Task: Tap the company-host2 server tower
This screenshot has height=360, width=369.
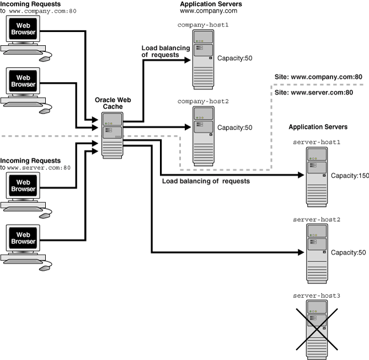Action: point(204,135)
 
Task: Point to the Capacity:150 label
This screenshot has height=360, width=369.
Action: point(349,175)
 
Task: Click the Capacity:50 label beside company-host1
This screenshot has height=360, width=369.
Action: point(234,58)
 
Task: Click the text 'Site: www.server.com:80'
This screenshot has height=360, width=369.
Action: point(314,93)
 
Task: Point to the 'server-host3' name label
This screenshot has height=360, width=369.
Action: point(317,295)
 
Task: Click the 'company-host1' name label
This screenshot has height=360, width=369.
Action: point(203,25)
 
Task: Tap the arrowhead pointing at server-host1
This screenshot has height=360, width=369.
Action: point(302,175)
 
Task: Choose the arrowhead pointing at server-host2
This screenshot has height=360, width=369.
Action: point(302,252)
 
